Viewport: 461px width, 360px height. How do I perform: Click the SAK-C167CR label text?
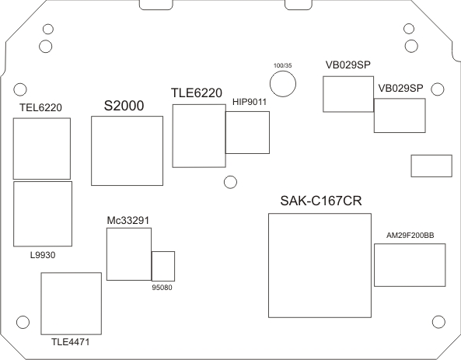[x=321, y=201]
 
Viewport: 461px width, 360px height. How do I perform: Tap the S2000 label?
[x=124, y=106]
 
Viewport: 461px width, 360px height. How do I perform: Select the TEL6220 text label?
[x=41, y=107]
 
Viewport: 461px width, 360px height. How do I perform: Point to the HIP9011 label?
[x=250, y=102]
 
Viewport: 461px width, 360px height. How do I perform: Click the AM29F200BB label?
[x=410, y=236]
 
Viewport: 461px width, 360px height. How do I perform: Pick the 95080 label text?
[x=162, y=288]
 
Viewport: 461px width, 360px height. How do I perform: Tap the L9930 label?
[x=43, y=255]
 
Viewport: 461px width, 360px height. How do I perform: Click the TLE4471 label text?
[x=70, y=342]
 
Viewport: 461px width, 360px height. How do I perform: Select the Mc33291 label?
[x=128, y=220]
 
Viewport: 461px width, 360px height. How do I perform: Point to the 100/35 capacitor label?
[x=283, y=65]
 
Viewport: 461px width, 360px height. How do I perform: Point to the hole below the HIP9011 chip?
[x=230, y=176]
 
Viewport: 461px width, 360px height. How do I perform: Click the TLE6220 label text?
[x=197, y=93]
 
